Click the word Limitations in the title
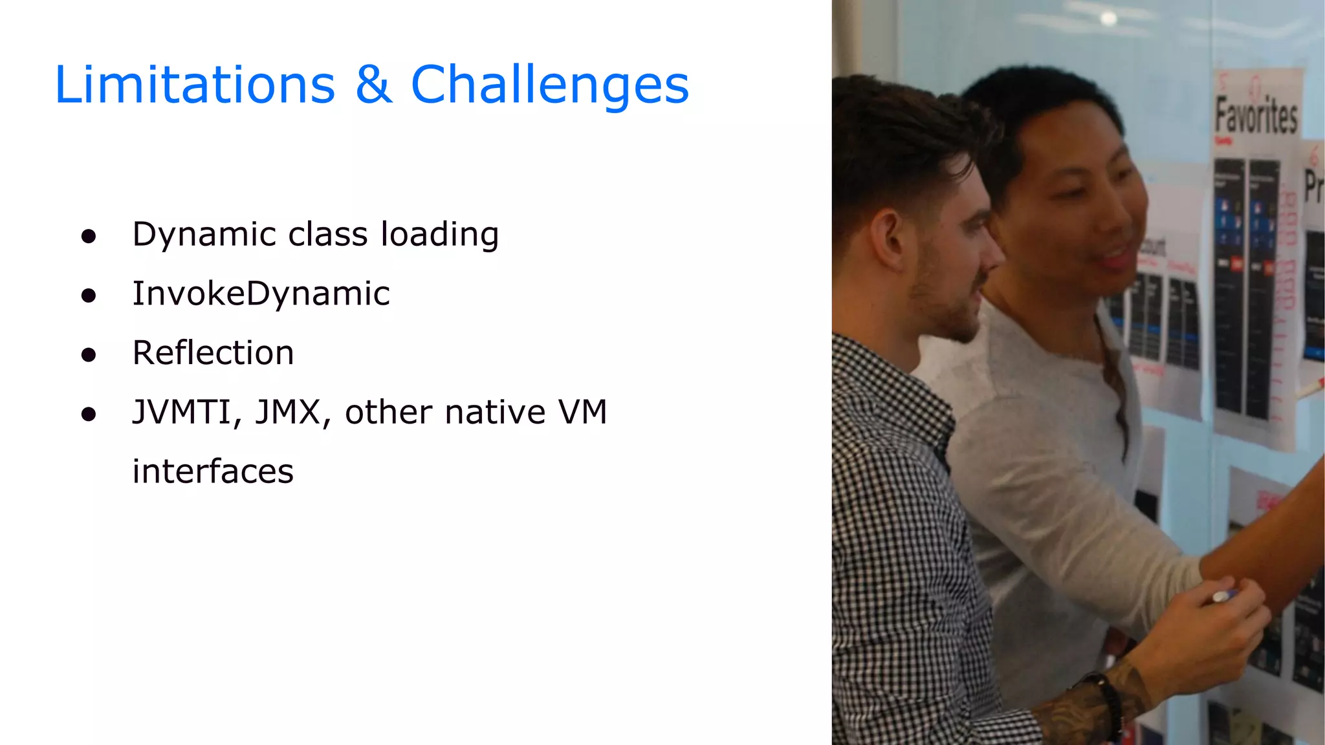(195, 85)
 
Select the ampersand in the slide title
(373, 85)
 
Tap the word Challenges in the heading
(550, 86)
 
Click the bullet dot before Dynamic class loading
(89, 237)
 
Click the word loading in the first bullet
(439, 235)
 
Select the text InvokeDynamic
(261, 294)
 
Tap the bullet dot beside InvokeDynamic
(89, 296)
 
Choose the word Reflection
(213, 353)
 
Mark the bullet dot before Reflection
(89, 355)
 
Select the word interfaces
(213, 471)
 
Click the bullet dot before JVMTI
(89, 415)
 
